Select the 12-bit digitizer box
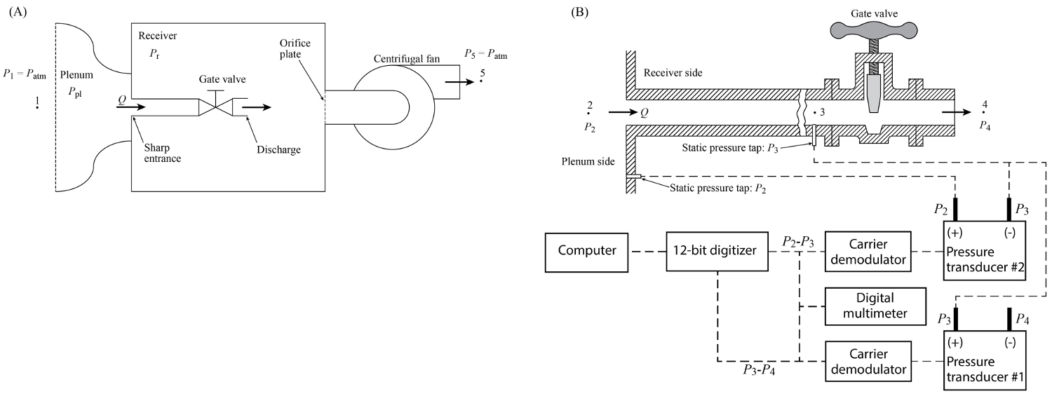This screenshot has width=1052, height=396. coord(717,250)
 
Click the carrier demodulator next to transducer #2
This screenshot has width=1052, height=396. coord(868,250)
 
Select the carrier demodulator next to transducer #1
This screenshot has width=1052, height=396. coord(868,361)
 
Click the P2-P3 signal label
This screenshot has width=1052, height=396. coord(798,241)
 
